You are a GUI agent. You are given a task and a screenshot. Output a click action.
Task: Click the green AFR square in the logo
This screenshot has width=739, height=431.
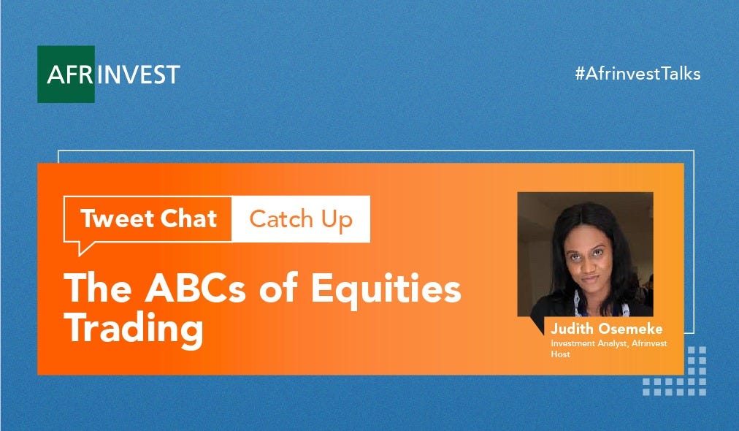pos(66,74)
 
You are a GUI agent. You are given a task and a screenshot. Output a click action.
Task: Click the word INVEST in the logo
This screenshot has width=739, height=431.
pos(138,75)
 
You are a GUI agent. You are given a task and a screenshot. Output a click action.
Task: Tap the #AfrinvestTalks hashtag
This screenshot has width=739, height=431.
pos(637,74)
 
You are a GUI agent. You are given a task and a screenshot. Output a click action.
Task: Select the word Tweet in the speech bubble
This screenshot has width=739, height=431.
pos(117,218)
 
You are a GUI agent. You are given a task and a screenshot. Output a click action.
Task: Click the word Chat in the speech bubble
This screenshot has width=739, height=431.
pos(188,218)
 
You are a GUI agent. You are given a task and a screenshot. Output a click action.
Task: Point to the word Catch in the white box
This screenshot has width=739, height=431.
pos(281,219)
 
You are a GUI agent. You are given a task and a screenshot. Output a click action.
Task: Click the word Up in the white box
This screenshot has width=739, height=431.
pos(337,221)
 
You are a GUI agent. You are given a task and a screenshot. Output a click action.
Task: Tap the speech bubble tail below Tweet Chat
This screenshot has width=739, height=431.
pos(85,248)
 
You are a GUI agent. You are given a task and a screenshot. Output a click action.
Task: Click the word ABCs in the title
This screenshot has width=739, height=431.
pos(195,288)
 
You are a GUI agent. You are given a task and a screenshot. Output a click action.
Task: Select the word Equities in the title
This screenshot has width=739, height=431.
pos(386,289)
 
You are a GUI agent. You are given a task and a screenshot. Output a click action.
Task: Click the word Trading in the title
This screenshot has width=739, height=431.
pos(134,329)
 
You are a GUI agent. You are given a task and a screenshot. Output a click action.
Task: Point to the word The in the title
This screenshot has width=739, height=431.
pos(98,288)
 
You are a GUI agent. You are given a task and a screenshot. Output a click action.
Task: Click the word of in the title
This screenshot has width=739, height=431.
pos(278,288)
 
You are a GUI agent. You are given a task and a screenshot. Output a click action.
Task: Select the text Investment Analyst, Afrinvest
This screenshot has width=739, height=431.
pos(609,343)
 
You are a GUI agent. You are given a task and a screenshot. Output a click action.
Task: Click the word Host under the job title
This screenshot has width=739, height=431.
pos(560,354)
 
